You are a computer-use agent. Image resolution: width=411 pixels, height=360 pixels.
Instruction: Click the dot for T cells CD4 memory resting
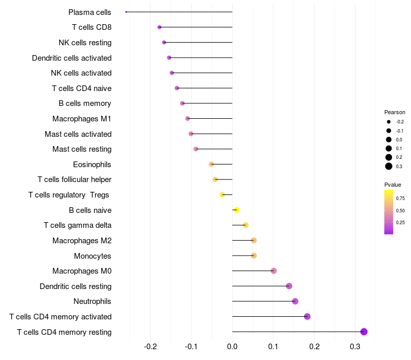(364, 332)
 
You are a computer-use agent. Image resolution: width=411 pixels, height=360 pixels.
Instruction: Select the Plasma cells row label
(89, 12)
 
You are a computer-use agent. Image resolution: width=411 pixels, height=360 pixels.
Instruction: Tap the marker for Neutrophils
(295, 301)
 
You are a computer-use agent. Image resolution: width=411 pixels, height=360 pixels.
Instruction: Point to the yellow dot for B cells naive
(236, 210)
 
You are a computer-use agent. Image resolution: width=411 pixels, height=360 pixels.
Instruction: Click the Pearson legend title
(395, 112)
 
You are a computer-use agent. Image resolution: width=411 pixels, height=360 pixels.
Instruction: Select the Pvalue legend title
(393, 185)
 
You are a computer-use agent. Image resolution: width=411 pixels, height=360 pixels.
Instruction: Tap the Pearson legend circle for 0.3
(389, 166)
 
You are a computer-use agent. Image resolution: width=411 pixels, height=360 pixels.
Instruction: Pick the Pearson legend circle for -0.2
(389, 122)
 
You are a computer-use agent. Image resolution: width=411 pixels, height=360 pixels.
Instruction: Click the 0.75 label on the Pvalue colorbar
(400, 198)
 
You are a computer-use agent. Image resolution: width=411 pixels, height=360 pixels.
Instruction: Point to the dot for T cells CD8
(159, 27)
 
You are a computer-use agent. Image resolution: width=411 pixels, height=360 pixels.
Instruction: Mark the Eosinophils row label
(92, 165)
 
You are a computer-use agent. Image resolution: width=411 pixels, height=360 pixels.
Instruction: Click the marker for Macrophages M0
(274, 271)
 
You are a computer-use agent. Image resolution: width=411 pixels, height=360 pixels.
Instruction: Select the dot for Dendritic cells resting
(289, 286)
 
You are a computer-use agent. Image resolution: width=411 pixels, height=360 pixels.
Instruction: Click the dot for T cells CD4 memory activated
(307, 316)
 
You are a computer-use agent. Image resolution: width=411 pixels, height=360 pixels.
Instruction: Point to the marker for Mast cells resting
(196, 149)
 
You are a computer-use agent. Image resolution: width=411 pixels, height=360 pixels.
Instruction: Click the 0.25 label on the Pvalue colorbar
(400, 223)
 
